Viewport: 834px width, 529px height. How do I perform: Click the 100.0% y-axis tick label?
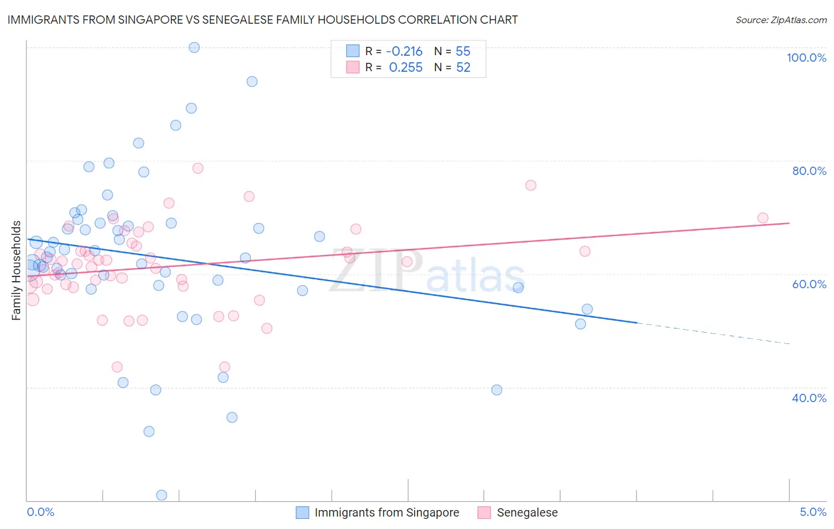click(x=806, y=58)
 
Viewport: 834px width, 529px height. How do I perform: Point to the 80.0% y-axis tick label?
click(x=809, y=171)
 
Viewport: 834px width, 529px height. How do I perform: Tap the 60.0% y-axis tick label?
click(x=809, y=284)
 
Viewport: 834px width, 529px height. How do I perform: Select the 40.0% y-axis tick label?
click(x=809, y=398)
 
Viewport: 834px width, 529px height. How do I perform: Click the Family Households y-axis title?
click(x=17, y=270)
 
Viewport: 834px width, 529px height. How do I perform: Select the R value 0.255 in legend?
click(x=406, y=68)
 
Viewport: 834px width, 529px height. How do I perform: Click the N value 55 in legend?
click(x=463, y=52)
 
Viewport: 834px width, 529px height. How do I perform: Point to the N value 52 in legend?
click(x=463, y=68)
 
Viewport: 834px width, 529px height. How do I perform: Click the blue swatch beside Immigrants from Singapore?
click(x=303, y=513)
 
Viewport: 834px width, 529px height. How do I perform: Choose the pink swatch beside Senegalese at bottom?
click(x=484, y=513)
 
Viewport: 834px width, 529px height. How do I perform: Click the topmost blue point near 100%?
click(x=194, y=47)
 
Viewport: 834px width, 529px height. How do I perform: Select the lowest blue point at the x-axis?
click(x=161, y=495)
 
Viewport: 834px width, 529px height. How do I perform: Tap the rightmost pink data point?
click(x=763, y=218)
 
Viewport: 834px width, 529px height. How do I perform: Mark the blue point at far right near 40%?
click(x=496, y=390)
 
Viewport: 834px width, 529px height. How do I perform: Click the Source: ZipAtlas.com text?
click(x=781, y=20)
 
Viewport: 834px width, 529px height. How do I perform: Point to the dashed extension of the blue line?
click(x=712, y=333)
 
